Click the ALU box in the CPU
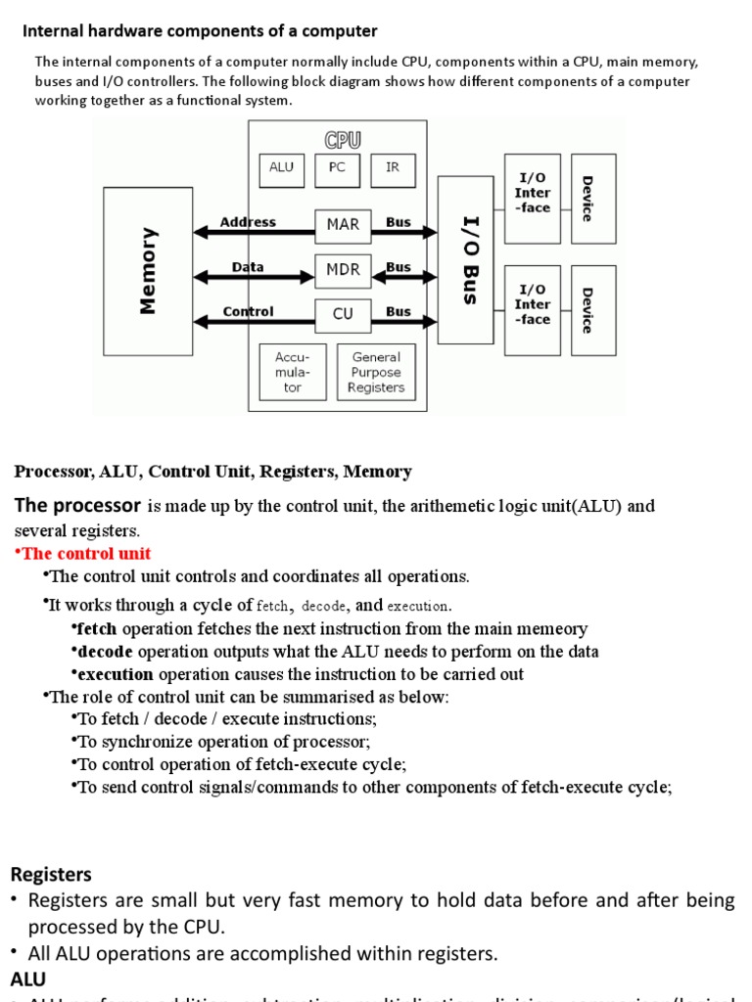coord(281,169)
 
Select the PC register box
coord(337,169)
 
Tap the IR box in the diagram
coord(393,169)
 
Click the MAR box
coord(343,225)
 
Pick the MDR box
coord(343,270)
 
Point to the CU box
coord(343,315)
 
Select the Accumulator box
coord(293,373)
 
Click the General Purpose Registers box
coord(376,373)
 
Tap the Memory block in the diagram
coord(148,271)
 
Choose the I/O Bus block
coord(466,260)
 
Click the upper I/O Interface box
coord(533,199)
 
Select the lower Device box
coord(593,310)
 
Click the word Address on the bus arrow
coord(248,222)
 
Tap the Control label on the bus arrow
coord(248,312)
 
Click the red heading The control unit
coord(83,554)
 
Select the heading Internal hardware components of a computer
coord(200,31)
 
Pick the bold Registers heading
coord(51,874)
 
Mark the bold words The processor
coord(77,506)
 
